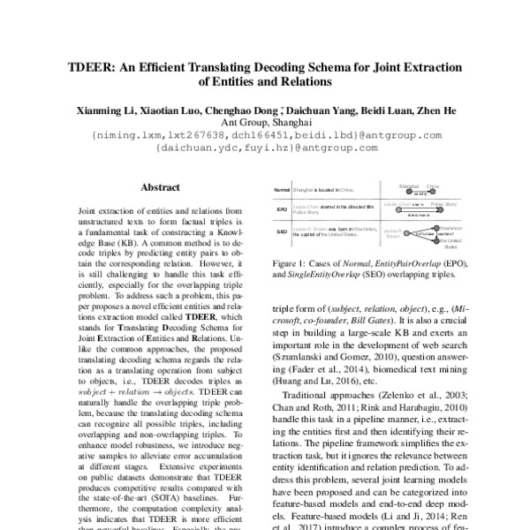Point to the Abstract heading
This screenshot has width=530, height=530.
pos(161,187)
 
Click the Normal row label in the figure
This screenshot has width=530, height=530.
pos(282,189)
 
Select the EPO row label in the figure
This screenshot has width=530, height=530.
pos(282,210)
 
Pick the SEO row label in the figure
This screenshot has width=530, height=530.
pos(282,232)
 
